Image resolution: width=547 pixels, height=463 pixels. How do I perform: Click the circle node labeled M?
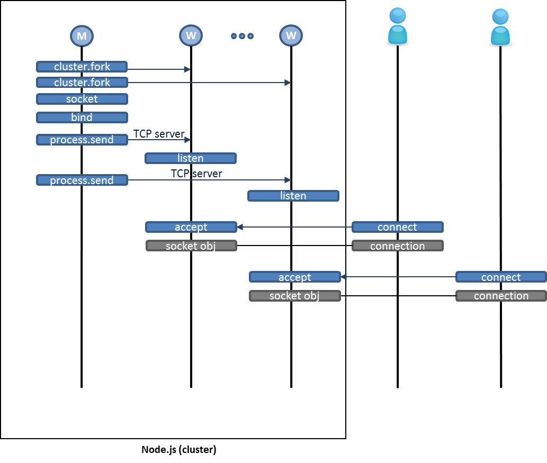click(x=82, y=36)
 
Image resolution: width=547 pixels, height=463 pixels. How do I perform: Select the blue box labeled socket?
click(x=82, y=99)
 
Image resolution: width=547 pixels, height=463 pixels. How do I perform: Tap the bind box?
click(x=82, y=117)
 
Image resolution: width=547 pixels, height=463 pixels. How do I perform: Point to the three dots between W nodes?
click(x=242, y=36)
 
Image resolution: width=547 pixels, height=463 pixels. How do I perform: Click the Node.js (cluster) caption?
click(x=178, y=450)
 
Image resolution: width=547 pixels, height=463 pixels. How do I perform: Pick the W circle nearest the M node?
click(x=191, y=36)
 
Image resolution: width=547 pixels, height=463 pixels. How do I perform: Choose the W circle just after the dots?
click(x=291, y=36)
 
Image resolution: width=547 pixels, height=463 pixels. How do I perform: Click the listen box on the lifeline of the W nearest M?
click(x=191, y=158)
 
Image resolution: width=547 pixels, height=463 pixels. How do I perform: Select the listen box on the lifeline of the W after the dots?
click(x=293, y=196)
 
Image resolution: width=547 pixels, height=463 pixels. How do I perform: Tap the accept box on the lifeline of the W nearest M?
click(x=191, y=227)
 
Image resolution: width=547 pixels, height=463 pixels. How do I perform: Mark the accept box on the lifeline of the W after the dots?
click(x=294, y=277)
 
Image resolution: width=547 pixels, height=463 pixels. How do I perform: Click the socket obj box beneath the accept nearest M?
click(x=191, y=246)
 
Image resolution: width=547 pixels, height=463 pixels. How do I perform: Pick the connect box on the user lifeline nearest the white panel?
click(x=397, y=227)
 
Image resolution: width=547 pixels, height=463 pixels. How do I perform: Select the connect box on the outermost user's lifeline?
click(x=500, y=277)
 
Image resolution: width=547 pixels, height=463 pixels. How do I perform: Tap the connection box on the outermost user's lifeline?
click(x=500, y=296)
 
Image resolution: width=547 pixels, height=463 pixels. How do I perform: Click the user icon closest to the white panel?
click(x=397, y=28)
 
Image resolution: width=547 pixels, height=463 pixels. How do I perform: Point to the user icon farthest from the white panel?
click(x=500, y=28)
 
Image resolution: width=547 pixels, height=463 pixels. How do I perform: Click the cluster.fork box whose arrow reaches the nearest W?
click(x=82, y=67)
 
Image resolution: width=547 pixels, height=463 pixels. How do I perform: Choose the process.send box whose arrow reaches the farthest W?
click(x=82, y=180)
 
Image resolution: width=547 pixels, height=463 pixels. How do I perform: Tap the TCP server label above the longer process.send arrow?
click(x=196, y=174)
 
